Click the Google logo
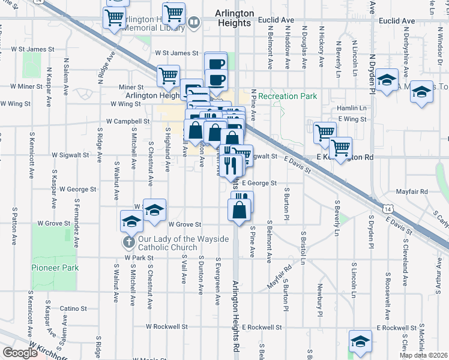click(x=19, y=353)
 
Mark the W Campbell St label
click(x=127, y=121)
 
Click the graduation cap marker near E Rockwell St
click(x=360, y=341)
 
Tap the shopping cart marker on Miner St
click(x=168, y=76)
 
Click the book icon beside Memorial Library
click(x=194, y=23)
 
